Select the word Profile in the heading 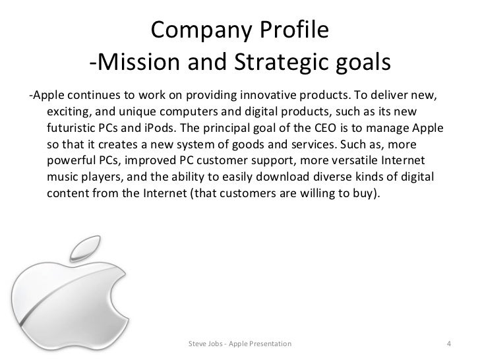coord(287,30)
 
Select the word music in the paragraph coord(65,176)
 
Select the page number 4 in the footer coord(448,344)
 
